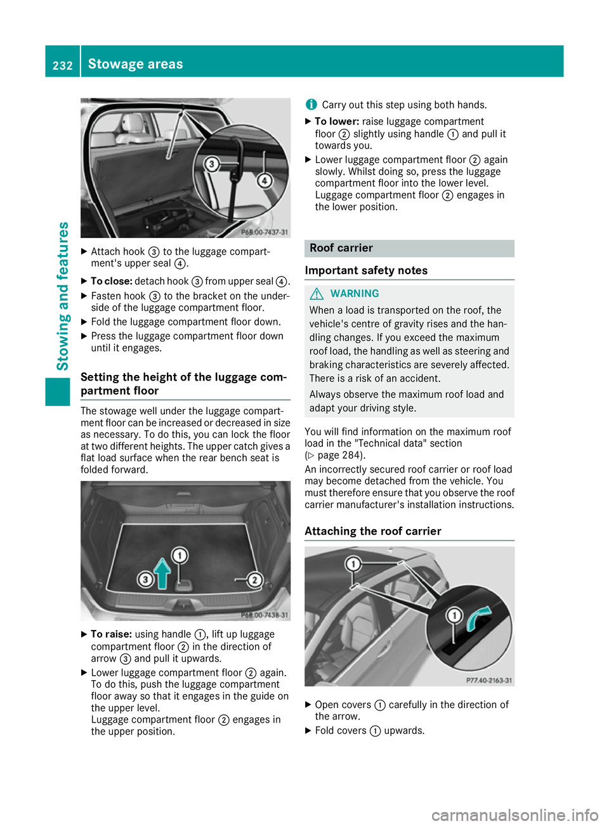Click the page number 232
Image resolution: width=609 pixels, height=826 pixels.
(62, 65)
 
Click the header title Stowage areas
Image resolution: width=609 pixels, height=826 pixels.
(135, 64)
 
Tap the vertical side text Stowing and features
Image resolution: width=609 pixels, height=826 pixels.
(63, 296)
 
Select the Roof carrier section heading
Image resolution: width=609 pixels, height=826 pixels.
(341, 248)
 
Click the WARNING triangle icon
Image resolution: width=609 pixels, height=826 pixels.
(317, 294)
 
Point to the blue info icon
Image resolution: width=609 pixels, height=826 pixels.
(311, 105)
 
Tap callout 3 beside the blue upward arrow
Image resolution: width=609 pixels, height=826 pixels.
(145, 579)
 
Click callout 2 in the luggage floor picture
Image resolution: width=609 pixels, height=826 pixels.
(254, 580)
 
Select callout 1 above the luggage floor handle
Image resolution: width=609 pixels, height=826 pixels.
(180, 556)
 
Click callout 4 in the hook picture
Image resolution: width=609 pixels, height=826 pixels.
(264, 181)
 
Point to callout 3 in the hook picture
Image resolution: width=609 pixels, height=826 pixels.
(212, 164)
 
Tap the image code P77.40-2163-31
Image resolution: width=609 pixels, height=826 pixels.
(488, 680)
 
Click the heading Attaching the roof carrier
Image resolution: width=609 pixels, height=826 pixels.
(373, 532)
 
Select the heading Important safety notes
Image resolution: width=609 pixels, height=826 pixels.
(366, 271)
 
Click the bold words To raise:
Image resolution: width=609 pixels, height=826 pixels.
(111, 634)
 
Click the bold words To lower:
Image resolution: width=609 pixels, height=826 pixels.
(337, 122)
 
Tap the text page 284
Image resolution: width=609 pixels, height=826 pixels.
(341, 456)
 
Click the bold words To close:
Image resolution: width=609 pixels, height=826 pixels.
(111, 281)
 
